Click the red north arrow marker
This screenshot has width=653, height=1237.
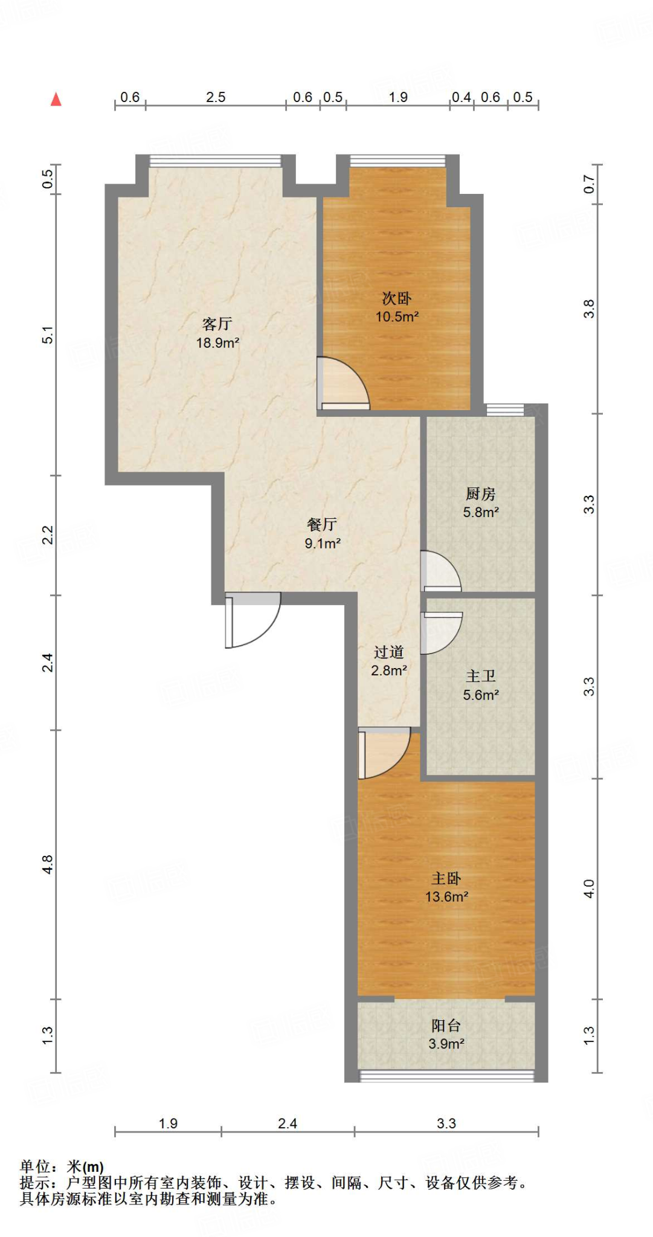point(56,99)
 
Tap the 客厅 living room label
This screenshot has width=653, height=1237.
point(217,324)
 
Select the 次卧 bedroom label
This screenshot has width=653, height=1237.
point(397,298)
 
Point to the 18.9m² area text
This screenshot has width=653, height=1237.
point(217,342)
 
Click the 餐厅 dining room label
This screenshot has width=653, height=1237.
point(322,524)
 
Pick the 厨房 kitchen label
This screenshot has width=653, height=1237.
point(481,493)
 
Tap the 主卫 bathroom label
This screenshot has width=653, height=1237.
point(481,676)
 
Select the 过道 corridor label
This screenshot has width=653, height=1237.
point(388,652)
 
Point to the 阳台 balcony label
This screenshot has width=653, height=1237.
point(446,1025)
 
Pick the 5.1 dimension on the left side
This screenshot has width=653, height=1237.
point(48,335)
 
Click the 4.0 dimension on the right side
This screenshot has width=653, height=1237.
point(589,888)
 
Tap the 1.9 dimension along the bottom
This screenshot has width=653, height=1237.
point(168,1123)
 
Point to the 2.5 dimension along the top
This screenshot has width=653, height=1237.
point(216,97)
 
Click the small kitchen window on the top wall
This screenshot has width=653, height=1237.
point(505,410)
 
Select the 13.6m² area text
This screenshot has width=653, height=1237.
point(446,896)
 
